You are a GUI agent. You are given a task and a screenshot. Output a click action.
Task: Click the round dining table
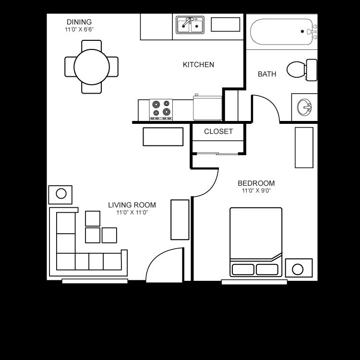[x=92, y=66]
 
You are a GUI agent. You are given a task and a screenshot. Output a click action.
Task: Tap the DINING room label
[x=79, y=22]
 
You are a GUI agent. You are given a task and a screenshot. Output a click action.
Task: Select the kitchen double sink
[x=190, y=25]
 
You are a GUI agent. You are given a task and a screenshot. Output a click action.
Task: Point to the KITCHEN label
[x=198, y=64]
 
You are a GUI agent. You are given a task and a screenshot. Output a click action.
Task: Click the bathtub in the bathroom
[x=281, y=32]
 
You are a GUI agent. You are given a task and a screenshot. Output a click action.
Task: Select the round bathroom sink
[x=304, y=107]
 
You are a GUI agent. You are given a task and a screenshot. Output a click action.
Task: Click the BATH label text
[x=267, y=74]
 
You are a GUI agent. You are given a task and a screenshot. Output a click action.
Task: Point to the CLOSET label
[x=218, y=132]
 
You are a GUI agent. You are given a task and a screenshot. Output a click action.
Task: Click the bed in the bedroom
[x=256, y=240]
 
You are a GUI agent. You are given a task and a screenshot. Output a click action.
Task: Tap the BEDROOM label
[x=256, y=183]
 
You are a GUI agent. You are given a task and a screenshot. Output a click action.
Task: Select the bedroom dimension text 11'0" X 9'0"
[x=256, y=191]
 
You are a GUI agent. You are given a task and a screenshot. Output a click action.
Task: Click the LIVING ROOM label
[x=132, y=205]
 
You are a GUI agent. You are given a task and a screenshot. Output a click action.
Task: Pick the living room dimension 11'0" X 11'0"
[x=132, y=213]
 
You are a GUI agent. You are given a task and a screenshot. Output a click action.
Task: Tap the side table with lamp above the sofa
[x=60, y=194]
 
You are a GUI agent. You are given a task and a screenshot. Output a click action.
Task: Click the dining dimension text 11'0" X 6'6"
[x=79, y=30]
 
